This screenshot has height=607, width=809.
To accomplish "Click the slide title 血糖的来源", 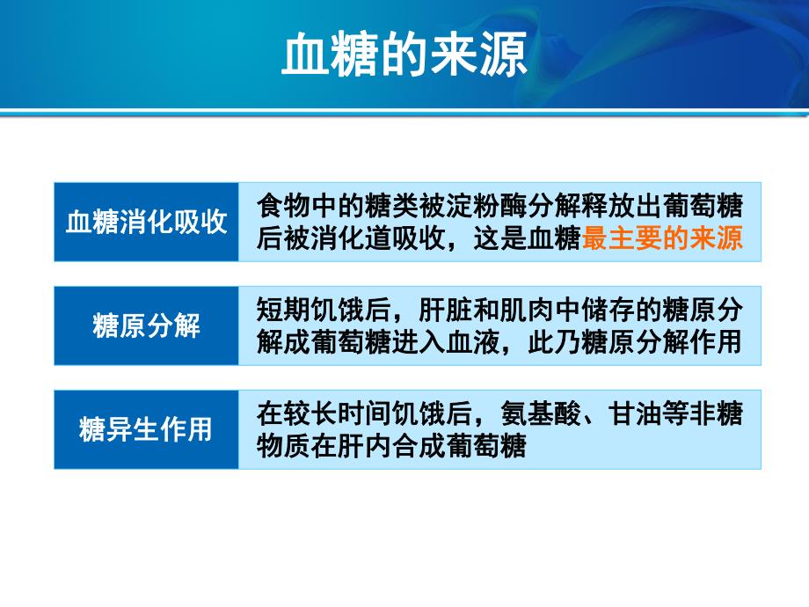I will (x=404, y=57).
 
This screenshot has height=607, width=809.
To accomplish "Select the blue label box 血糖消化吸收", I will (x=147, y=222).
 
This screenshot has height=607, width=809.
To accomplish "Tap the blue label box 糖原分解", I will (x=147, y=325).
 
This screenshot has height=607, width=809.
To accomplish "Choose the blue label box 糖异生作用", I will (x=147, y=429).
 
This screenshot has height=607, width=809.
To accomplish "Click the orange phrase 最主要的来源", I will (x=663, y=238).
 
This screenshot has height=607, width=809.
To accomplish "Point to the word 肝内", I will (x=354, y=445).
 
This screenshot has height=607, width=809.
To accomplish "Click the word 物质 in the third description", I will (x=281, y=445).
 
